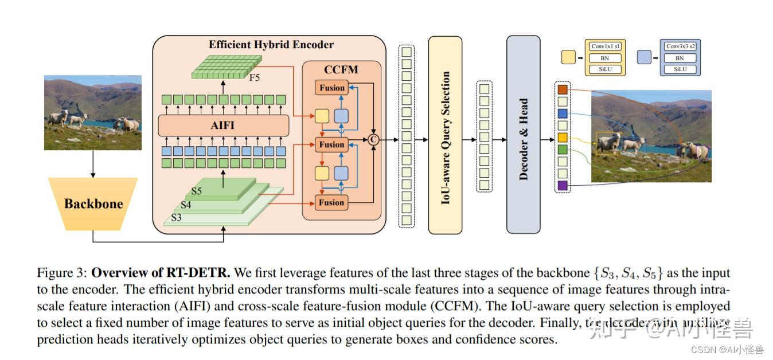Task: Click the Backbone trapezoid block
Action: click(93, 204)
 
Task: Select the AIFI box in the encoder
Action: click(223, 126)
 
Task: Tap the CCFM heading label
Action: click(341, 70)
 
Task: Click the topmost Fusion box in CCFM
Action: click(331, 88)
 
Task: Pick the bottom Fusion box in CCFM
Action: click(331, 202)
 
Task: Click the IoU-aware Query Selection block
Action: click(445, 134)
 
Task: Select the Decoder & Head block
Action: click(523, 134)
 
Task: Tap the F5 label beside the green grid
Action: click(254, 77)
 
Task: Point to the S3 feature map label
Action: click(177, 218)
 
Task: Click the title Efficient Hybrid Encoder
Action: click(271, 44)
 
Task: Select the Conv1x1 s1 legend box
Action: click(606, 46)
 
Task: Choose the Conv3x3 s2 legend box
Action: click(680, 46)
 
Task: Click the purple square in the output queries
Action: click(562, 186)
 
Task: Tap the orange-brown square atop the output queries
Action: click(562, 89)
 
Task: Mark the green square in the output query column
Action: click(562, 150)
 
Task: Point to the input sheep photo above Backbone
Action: click(93, 112)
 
